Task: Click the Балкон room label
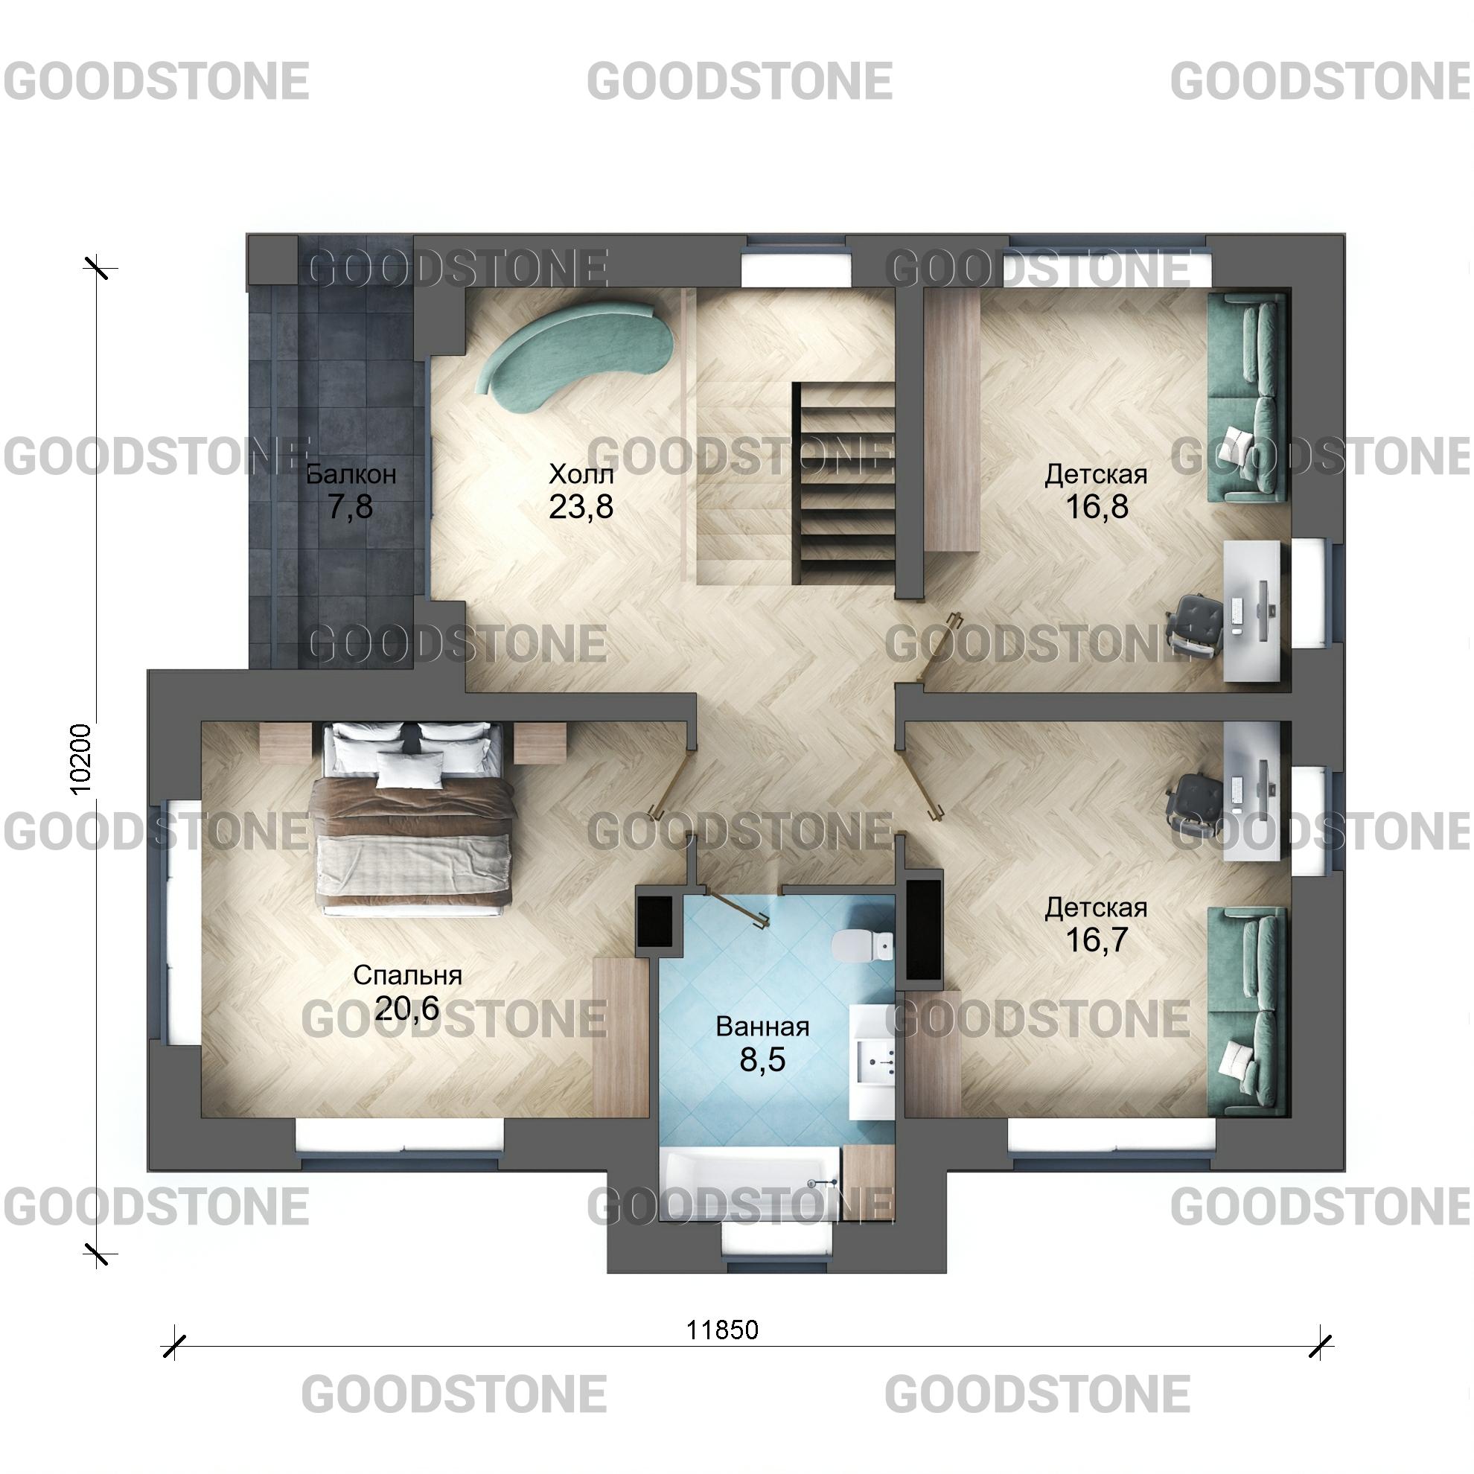pos(351,474)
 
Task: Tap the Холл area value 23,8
pos(581,506)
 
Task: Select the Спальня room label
pos(407,975)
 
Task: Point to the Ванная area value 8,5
pos(762,1061)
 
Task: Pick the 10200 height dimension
pos(81,759)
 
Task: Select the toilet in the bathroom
pos(863,946)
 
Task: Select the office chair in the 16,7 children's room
pos(1195,805)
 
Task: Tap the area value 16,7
pos(1097,940)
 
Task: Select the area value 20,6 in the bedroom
pos(407,1009)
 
